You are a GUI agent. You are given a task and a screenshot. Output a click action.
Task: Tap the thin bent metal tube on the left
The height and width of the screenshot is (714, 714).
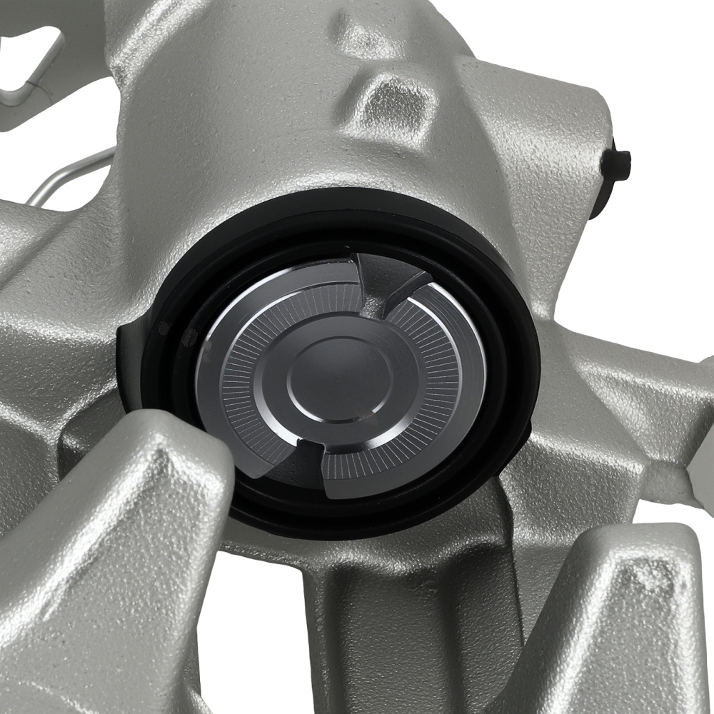(x=71, y=175)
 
